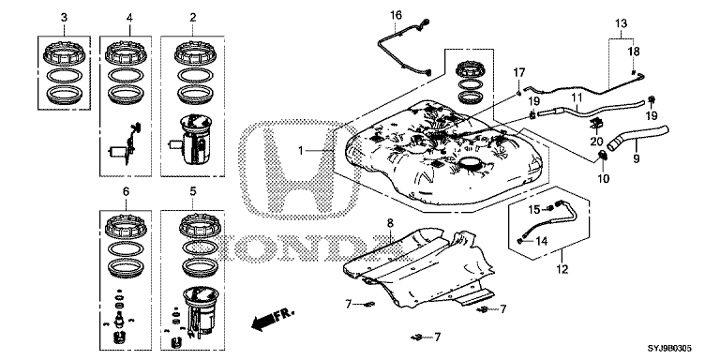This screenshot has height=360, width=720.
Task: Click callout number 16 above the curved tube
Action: pos(396,15)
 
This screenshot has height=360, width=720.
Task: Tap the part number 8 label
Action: pos(390,223)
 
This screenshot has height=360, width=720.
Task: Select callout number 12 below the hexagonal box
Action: pos(562,269)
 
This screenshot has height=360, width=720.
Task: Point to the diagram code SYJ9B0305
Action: pos(669,350)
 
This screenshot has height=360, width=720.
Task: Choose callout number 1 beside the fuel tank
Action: pos(301,151)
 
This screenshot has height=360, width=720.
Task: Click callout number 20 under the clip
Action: pos(596,142)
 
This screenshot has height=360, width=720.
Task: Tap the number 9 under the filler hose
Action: pos(636,158)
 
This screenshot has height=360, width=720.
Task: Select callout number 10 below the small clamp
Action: pos(603,178)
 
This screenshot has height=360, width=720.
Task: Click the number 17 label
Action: pos(518,72)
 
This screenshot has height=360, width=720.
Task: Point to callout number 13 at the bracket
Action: pos(621,22)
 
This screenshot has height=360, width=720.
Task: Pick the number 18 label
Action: pos(634,52)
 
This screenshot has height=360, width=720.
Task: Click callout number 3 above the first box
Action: pos(64,18)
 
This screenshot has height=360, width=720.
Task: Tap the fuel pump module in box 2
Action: pos(191,139)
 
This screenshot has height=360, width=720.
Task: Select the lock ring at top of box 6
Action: pos(126,226)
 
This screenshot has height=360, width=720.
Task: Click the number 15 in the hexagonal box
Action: pos(534,210)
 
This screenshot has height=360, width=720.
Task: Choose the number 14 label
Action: pos(542,241)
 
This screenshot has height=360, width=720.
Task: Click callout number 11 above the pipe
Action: pos(577,97)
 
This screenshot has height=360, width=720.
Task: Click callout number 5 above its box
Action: pos(193,190)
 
